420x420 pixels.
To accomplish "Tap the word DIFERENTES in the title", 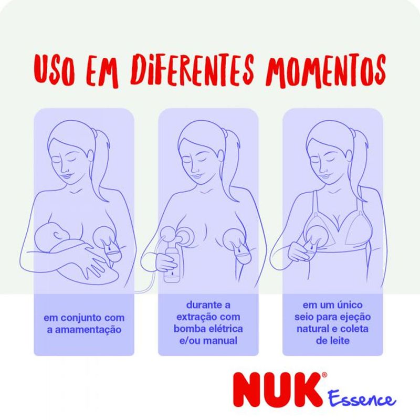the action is (192, 71).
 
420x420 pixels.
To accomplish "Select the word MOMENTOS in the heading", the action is (325, 71).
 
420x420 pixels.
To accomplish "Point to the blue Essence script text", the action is (362, 399).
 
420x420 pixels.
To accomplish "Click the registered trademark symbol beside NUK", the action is (324, 375).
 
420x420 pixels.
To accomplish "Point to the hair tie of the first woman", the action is (94, 131).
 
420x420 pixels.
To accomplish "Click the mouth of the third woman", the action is (326, 175).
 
